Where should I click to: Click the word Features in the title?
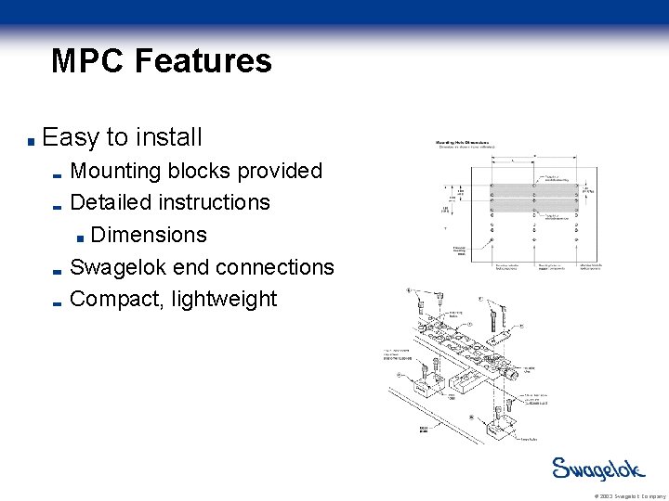tap(203, 61)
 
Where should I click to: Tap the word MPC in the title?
tap(89, 61)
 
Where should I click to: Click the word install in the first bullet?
tap(168, 138)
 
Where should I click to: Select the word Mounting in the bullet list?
tap(115, 172)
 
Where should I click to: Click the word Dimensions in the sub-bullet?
tap(149, 235)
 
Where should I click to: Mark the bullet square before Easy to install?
tap(32, 142)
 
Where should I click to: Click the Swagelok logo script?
tap(597, 469)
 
